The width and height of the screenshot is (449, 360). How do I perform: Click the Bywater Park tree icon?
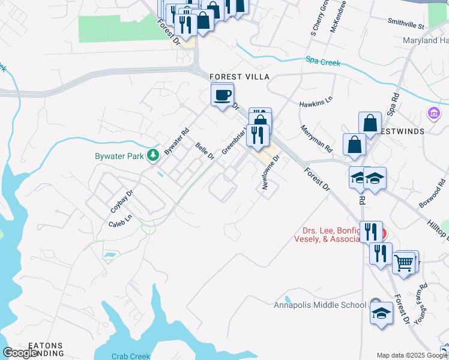[x=154, y=155]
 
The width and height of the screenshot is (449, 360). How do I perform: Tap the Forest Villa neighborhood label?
[x=240, y=77]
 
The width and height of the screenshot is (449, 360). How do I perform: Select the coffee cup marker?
[x=222, y=95]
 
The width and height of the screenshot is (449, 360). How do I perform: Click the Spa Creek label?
[x=323, y=61]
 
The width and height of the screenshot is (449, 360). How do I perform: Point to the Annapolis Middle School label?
[x=319, y=305]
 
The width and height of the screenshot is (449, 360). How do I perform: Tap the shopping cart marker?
[x=405, y=262]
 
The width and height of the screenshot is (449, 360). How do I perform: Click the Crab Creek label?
[x=131, y=356]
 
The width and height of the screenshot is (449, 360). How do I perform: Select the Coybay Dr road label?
[x=121, y=202]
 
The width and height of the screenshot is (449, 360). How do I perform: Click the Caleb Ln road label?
[x=119, y=223]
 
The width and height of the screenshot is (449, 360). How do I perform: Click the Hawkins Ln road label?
[x=316, y=103]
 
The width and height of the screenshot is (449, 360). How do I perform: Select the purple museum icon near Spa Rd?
[x=432, y=113]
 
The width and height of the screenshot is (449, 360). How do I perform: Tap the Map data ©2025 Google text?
[x=411, y=355]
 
